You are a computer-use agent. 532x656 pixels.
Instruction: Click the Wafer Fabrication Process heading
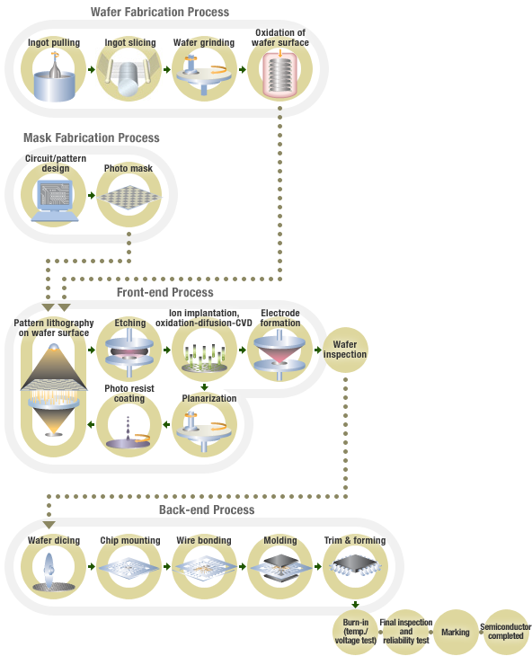coord(160,13)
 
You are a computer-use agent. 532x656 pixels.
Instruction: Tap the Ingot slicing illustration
coord(129,77)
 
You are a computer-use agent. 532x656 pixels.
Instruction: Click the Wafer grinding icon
coord(205,77)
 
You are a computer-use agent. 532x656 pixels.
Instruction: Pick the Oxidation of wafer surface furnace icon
coord(281,77)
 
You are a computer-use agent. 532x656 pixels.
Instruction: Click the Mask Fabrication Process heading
coord(92,138)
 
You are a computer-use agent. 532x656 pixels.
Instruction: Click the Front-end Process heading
coord(165,292)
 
